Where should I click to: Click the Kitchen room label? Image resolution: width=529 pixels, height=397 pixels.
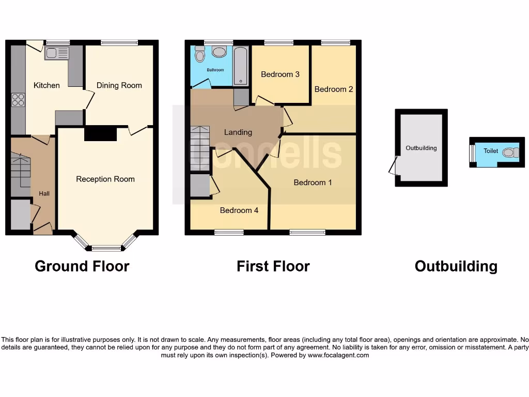tap(46, 85)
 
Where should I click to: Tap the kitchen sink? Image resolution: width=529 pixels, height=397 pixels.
tap(56, 53)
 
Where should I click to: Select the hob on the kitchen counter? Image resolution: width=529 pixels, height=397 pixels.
tap(18, 99)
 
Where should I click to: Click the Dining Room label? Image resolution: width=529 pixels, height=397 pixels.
tap(119, 85)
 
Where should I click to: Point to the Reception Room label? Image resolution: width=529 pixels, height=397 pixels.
tap(105, 179)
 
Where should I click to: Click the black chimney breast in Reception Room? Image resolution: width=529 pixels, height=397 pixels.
tap(100, 133)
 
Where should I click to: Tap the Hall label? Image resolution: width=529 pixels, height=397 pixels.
tap(44, 193)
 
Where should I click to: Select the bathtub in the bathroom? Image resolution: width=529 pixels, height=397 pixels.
tap(241, 65)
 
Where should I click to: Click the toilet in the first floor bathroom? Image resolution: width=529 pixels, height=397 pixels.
tap(200, 54)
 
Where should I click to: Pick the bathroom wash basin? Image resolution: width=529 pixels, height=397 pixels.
tap(219, 52)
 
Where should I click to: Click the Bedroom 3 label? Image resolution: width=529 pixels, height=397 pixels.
tap(280, 74)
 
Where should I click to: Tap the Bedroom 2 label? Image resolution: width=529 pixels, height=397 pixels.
tap(334, 89)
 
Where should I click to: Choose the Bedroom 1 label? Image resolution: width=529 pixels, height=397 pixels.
tap(313, 182)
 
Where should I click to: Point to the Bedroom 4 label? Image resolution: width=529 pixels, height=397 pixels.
tap(239, 210)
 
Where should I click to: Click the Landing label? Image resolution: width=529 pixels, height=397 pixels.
tap(238, 132)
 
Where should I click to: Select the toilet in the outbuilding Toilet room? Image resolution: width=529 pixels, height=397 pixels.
tap(510, 152)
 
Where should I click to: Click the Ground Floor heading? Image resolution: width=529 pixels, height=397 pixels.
tap(82, 266)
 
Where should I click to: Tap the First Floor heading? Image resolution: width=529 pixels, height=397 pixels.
tap(273, 266)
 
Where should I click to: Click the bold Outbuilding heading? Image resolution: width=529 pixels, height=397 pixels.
tap(456, 266)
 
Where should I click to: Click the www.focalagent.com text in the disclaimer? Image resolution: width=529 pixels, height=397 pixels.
tap(338, 355)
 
